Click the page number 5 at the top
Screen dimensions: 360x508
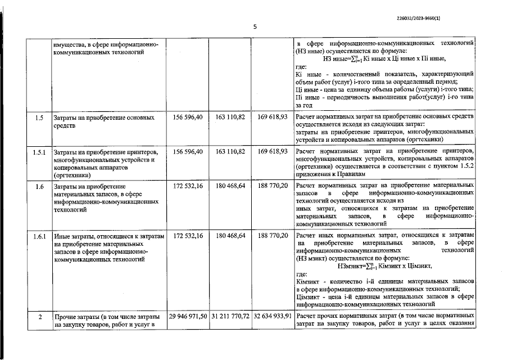click(x=255, y=26)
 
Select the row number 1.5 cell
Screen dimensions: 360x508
click(x=39, y=118)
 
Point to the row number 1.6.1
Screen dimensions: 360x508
click(x=39, y=236)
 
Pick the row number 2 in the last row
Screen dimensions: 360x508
click(x=40, y=316)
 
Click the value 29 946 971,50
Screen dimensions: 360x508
click(x=188, y=316)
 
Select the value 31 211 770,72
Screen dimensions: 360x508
click(x=230, y=316)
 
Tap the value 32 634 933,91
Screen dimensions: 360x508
click(x=272, y=316)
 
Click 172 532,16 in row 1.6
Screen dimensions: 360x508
click(x=188, y=185)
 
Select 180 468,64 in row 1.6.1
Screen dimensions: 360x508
click(x=230, y=236)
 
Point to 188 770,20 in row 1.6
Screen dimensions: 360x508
click(x=273, y=185)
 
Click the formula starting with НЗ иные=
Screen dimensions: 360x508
click(x=385, y=58)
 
